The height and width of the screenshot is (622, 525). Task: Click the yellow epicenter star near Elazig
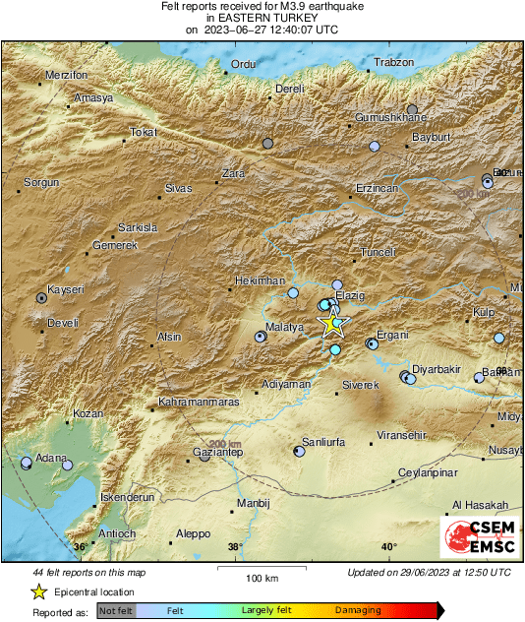click(x=335, y=323)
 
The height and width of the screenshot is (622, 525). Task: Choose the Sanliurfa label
click(x=323, y=443)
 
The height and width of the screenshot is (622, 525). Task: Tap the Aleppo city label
click(x=193, y=533)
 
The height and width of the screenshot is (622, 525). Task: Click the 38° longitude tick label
click(x=235, y=546)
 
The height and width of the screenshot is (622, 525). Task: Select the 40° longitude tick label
click(x=388, y=546)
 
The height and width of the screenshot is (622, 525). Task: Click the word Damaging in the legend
click(x=358, y=610)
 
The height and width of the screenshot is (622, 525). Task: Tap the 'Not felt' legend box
click(x=115, y=610)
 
